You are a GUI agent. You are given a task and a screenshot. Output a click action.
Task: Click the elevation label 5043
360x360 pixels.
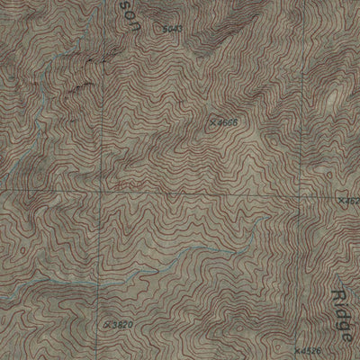pyautogui.click(x=175, y=29)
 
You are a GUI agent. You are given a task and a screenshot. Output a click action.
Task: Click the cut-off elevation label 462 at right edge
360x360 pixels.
pyautogui.click(x=352, y=200)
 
